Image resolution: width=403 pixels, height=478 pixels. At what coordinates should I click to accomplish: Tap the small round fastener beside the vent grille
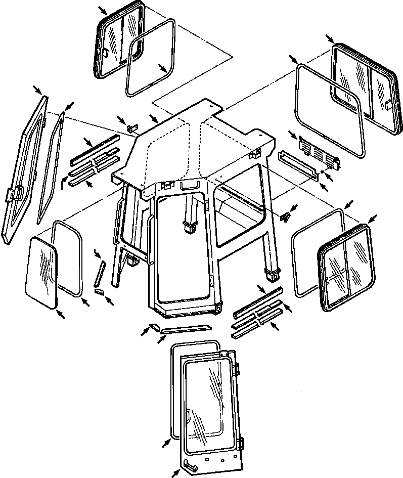tap(321, 172)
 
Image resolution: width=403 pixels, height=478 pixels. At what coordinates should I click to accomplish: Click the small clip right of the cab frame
tap(286, 216)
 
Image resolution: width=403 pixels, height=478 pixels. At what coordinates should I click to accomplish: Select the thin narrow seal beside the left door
tap(51, 167)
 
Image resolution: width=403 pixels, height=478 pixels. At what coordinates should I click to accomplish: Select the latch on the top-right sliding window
tap(389, 104)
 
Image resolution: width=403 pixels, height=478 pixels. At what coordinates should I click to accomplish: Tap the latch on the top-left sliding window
tap(106, 52)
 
